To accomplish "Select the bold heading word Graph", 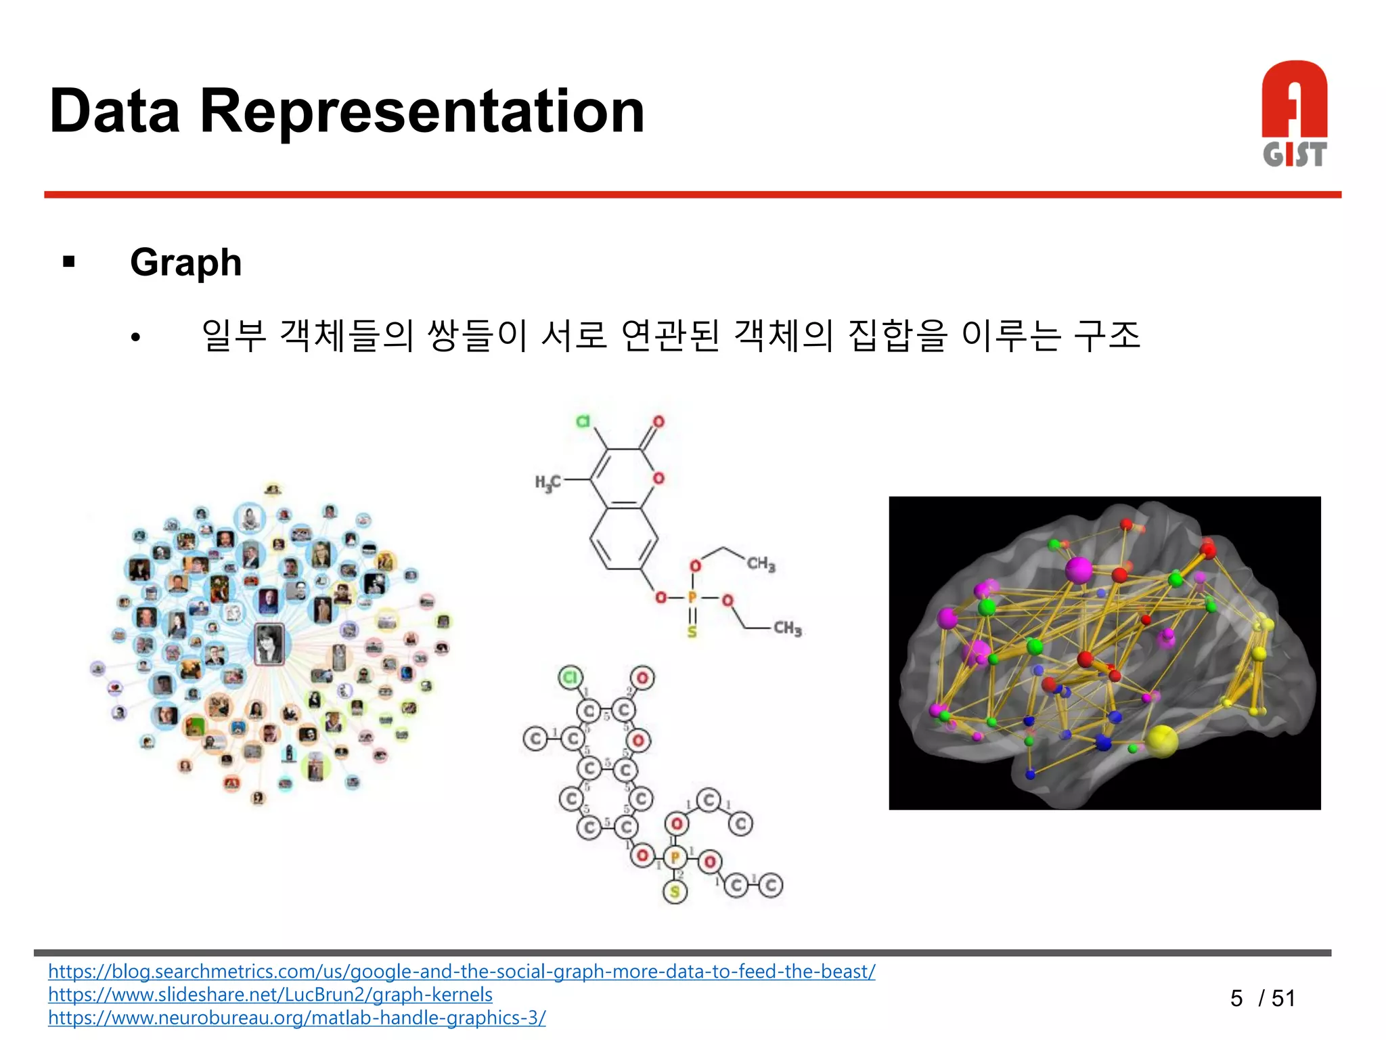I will click(x=185, y=263).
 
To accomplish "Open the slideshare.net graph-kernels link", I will click(x=270, y=995).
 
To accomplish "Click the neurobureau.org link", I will click(x=296, y=1018).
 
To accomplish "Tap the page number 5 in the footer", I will click(x=1236, y=998).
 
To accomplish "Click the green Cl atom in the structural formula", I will click(x=583, y=421).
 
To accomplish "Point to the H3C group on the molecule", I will click(x=547, y=482).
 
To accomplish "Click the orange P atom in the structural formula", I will click(x=692, y=598).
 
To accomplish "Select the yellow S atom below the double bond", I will click(x=692, y=632).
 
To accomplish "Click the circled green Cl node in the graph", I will click(x=571, y=677).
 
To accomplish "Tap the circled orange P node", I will click(x=675, y=858).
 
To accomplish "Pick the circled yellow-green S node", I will click(x=675, y=892).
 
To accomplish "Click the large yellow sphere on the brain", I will click(x=1162, y=740).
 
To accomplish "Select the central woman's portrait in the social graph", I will click(x=269, y=644).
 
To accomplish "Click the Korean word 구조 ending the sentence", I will click(x=1108, y=335).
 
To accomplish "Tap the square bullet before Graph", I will click(x=68, y=262).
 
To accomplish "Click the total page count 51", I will click(x=1283, y=998).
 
